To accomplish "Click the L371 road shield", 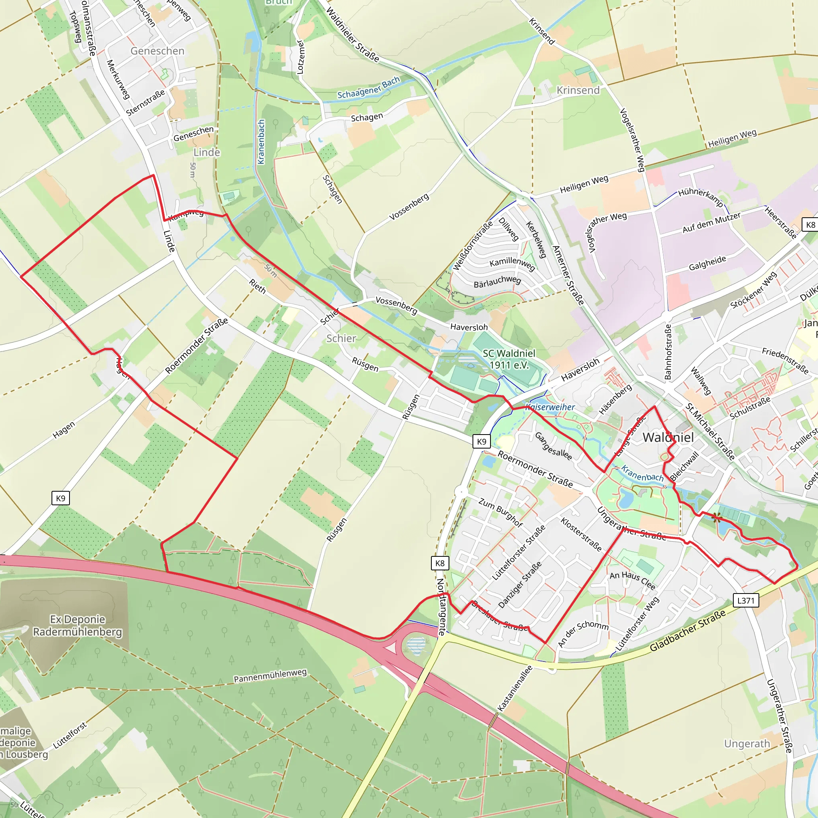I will (746, 600).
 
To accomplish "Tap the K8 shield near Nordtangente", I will (440, 563).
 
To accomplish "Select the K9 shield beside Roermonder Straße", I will (481, 442).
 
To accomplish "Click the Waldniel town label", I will (668, 437).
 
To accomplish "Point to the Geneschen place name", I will (157, 51).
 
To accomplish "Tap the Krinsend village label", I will (578, 90).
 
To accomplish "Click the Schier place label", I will (341, 338).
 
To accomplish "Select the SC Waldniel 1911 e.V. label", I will (509, 359).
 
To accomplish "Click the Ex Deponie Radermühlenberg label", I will (77, 625).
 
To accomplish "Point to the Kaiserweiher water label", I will (550, 407).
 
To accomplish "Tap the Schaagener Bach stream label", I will (368, 88).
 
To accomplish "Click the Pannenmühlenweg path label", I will (270, 676).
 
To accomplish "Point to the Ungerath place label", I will (747, 743).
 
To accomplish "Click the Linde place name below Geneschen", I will (206, 153).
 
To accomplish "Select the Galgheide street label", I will (707, 263).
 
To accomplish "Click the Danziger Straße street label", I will (520, 585).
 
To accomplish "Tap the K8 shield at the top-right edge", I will (810, 225).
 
